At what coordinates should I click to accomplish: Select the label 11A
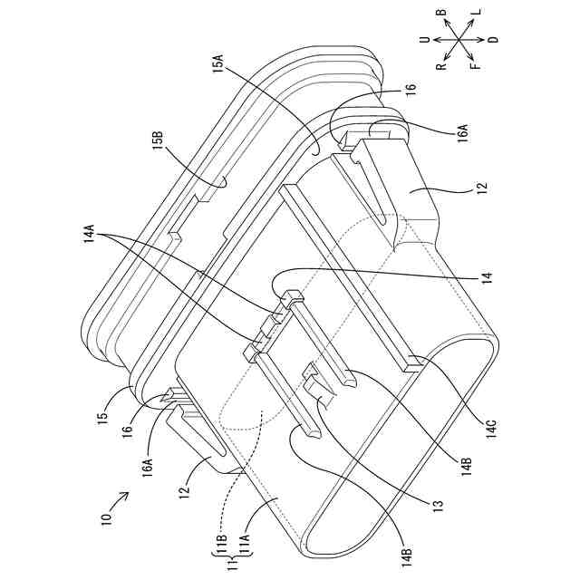tap(244, 546)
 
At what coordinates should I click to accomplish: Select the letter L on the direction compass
tap(478, 14)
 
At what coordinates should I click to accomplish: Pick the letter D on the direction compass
tap(494, 40)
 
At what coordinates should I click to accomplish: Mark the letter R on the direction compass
tap(440, 65)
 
